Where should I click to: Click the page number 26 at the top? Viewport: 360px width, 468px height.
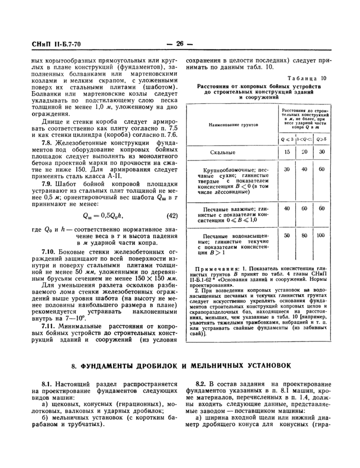[x=179, y=44]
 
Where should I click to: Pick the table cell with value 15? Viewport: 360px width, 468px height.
[x=287, y=152]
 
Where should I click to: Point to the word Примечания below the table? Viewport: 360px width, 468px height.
[x=215, y=269]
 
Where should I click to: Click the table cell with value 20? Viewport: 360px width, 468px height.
[x=304, y=152]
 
